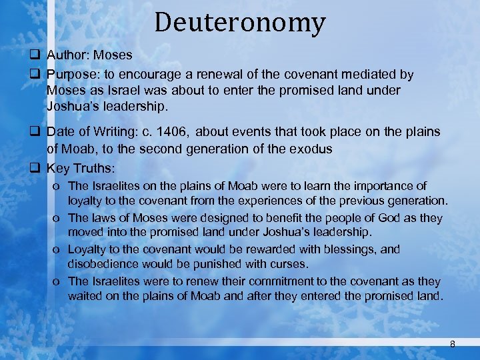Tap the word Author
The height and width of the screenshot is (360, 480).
point(65,55)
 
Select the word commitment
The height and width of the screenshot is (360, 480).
point(269,281)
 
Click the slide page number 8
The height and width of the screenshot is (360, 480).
point(453,344)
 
